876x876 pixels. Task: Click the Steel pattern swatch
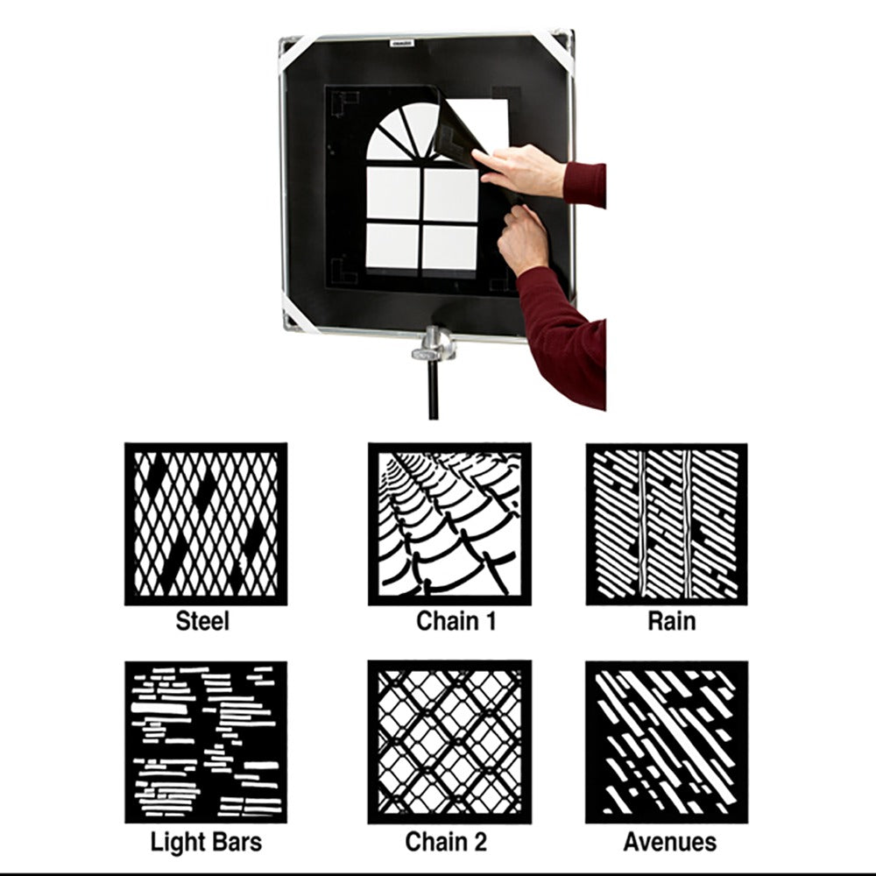coord(206,524)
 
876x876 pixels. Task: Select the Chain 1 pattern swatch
coord(449,524)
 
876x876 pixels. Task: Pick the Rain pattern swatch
coord(667,524)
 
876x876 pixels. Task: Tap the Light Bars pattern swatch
coord(206,742)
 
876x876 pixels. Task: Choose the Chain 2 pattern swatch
coord(449,742)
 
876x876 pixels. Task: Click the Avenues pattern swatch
coord(667,742)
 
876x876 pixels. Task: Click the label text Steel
coord(202,621)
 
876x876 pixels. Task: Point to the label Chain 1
coord(456,621)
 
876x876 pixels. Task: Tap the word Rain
coord(672,621)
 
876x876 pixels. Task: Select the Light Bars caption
coord(206,842)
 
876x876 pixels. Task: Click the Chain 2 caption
coord(446,842)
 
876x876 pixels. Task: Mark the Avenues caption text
coord(670,842)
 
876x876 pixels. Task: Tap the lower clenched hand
coord(522,239)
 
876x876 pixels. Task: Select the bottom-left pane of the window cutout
coord(392,247)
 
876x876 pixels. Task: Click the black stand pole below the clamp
coord(433,390)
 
